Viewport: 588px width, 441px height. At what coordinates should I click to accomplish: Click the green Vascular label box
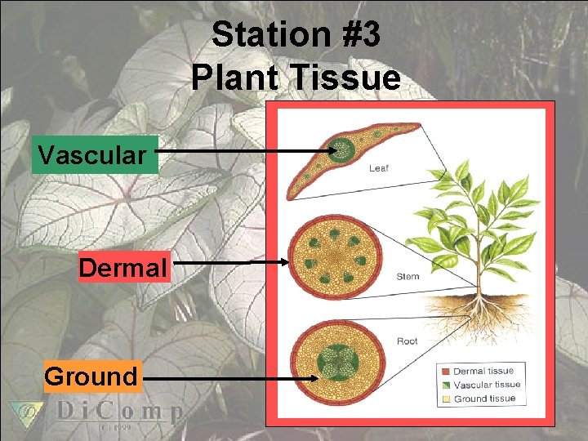coord(94,154)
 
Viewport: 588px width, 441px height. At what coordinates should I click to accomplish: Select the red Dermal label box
coord(123,266)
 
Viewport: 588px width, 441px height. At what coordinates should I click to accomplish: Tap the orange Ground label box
coord(91,376)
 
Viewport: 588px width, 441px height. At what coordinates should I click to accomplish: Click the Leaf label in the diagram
coord(379,169)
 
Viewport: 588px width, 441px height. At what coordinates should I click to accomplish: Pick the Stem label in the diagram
coord(408,276)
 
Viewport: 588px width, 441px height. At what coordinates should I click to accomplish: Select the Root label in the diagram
coord(407,341)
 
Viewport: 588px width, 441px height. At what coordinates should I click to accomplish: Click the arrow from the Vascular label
coord(245,151)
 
